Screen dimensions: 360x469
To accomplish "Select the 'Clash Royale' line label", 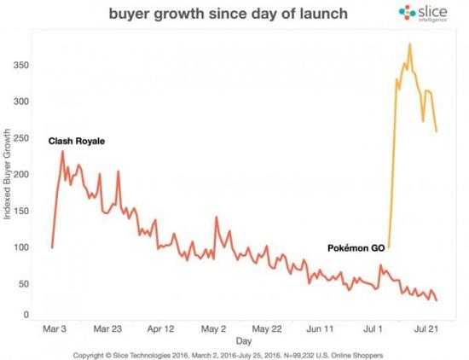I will [x=77, y=140].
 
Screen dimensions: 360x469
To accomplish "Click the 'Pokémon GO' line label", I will [x=356, y=247].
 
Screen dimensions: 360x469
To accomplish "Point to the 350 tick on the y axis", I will [x=26, y=65].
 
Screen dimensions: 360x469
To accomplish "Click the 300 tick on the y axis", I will [x=26, y=102].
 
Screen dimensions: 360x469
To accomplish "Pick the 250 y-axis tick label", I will [x=26, y=138].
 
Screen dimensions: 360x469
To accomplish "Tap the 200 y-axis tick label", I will [x=26, y=175].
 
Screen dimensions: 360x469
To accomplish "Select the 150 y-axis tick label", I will [x=26, y=212].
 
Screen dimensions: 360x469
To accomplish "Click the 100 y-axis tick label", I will [x=26, y=248].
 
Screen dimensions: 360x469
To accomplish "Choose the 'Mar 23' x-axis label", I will [x=110, y=328].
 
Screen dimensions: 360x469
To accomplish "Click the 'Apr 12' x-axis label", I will [x=162, y=328].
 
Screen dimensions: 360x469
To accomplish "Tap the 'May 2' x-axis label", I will [x=215, y=328].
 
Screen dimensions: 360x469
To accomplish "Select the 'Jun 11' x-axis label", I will [x=320, y=328].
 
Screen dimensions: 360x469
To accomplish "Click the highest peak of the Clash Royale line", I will [x=62, y=152].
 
